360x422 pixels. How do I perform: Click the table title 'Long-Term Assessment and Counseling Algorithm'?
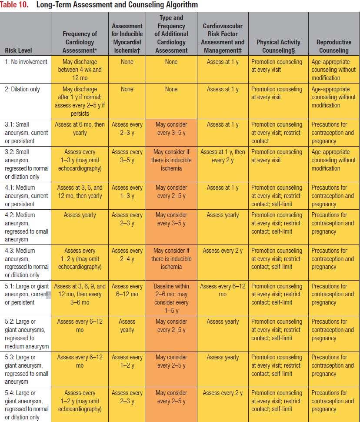[x=117, y=5]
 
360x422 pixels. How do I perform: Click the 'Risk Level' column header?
[x=18, y=50]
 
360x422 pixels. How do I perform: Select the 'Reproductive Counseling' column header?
[x=333, y=46]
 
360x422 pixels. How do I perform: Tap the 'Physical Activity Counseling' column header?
[x=278, y=46]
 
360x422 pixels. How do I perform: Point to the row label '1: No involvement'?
[x=26, y=62]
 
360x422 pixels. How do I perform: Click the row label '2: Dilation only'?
[x=22, y=89]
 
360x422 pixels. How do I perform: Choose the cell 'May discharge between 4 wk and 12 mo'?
[x=80, y=70]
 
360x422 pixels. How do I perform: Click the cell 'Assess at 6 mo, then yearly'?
[x=80, y=129]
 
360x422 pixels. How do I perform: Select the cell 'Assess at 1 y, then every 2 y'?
[x=223, y=156]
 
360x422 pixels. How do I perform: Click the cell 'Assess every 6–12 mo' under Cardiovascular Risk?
[x=223, y=290]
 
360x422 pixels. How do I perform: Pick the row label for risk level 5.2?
[x=27, y=334]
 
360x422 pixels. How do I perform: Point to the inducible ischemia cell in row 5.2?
[x=127, y=326]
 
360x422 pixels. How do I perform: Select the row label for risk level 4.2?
[x=27, y=227]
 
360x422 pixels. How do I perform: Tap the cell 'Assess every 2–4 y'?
[x=127, y=255]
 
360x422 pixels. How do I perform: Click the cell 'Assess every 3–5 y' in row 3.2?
[x=127, y=156]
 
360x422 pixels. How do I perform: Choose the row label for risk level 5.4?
[x=27, y=405]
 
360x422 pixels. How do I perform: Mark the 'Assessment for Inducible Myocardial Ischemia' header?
[x=127, y=38]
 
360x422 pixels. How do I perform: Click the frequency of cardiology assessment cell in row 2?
[x=80, y=101]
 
